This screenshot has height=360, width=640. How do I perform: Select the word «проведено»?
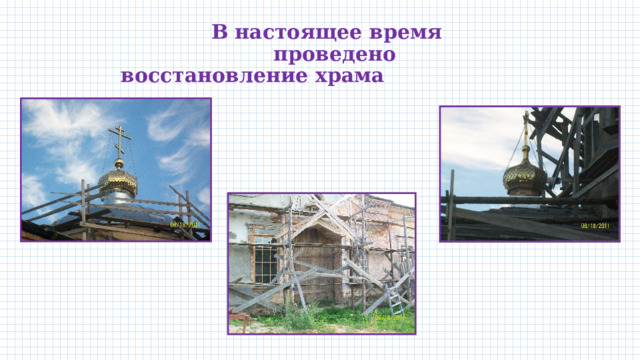(x=334, y=54)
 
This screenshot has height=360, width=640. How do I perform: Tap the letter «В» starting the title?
(x=220, y=32)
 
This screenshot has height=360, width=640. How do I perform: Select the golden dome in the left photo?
(x=117, y=181)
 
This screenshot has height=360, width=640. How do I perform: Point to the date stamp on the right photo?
(x=597, y=226)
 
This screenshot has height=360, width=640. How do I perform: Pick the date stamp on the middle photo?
(x=389, y=318)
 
